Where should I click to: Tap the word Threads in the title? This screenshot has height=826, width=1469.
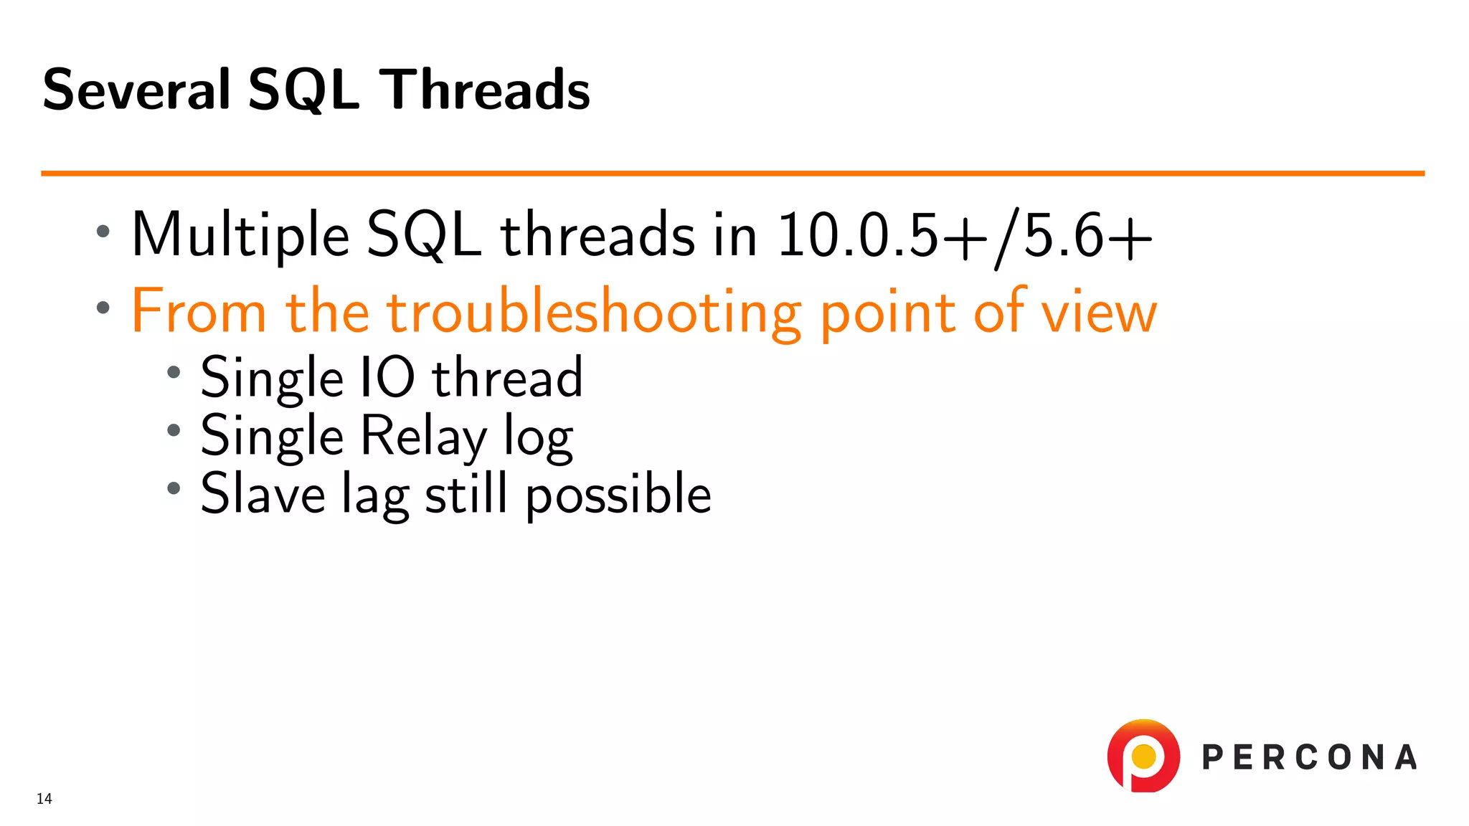point(484,90)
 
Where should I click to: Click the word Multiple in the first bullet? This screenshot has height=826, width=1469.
point(240,235)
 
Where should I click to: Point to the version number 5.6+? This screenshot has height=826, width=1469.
point(1087,235)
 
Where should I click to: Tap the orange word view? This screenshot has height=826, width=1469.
point(1099,313)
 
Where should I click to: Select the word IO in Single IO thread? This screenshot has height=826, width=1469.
point(386,378)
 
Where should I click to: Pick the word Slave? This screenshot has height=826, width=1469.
point(263,494)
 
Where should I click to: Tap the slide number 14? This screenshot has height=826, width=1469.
point(44,799)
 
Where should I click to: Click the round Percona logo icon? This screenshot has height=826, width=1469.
point(1143,756)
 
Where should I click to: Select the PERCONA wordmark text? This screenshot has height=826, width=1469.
point(1309,758)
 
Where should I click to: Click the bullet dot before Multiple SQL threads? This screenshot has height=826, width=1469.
point(103,232)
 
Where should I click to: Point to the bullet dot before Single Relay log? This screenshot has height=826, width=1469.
point(174,430)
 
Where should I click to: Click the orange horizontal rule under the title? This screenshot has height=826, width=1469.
point(732,173)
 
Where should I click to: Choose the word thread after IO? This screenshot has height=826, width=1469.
point(507,378)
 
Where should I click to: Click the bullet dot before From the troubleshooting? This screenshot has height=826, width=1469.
point(103,308)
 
